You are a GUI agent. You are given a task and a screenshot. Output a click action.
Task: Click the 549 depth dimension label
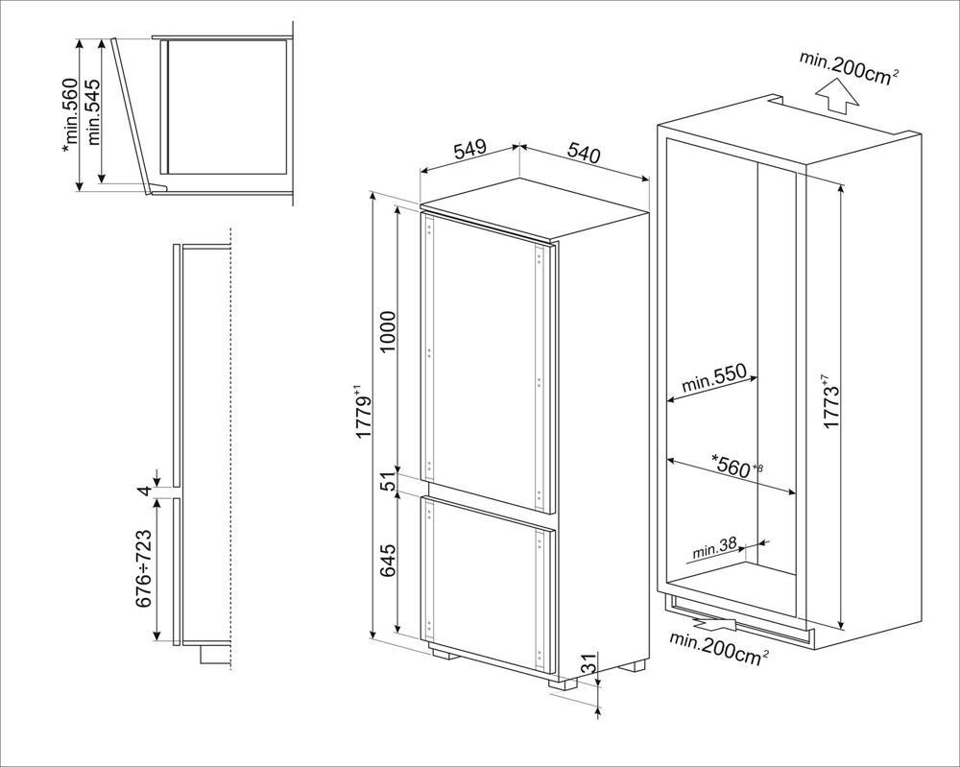[470, 149]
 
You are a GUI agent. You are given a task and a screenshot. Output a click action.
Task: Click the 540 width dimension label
[584, 153]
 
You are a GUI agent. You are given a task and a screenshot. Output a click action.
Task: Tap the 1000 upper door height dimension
[388, 332]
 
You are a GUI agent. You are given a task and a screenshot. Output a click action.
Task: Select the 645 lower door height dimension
[388, 561]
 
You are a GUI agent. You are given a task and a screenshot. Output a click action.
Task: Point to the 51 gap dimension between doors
[388, 482]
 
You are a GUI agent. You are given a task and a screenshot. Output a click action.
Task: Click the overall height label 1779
[364, 412]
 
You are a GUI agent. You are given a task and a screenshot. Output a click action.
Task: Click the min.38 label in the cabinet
[714, 550]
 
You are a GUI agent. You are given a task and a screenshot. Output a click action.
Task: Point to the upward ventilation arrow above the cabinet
[837, 99]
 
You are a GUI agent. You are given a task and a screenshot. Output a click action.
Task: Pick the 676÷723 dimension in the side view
[143, 568]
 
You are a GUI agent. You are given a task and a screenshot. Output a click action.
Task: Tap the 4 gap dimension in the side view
[143, 491]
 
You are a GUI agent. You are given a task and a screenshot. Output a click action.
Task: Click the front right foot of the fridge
[563, 683]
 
